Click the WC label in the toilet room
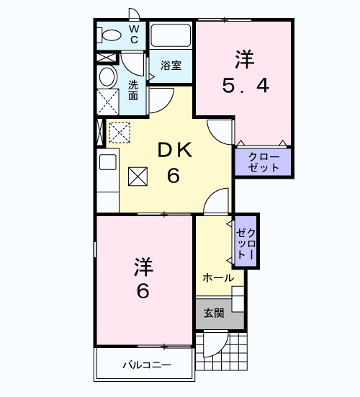pyautogui.click(x=134, y=34)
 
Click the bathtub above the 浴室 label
pyautogui.click(x=171, y=35)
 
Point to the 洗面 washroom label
pyautogui.click(x=133, y=89)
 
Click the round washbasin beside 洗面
pyautogui.click(x=108, y=77)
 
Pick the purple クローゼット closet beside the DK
pyautogui.click(x=264, y=162)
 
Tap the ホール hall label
pyautogui.click(x=217, y=277)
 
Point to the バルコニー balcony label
pyautogui.click(x=144, y=365)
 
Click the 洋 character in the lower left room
pyautogui.click(x=143, y=266)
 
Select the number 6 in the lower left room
pyautogui.click(x=143, y=293)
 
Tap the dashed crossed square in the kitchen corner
pyautogui.click(x=118, y=133)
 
